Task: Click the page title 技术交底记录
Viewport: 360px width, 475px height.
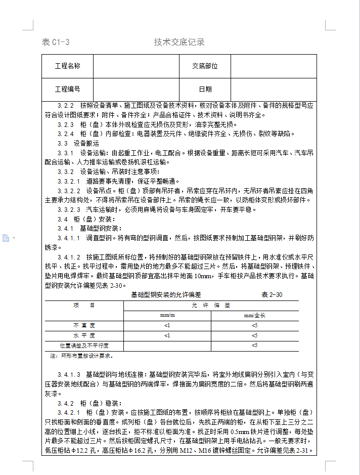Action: pos(179,42)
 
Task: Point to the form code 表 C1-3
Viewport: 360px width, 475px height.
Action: pos(55,42)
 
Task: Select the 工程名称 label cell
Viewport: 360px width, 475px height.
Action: pos(67,66)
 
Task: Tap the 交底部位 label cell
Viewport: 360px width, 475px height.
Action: pos(205,66)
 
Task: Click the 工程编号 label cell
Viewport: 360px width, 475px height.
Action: pos(67,90)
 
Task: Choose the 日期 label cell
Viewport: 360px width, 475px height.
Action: pos(205,90)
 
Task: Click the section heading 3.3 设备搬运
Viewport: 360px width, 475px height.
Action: pos(78,144)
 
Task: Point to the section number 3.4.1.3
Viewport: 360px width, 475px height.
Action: pos(69,374)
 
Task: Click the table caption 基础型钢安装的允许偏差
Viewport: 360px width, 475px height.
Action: pos(166,295)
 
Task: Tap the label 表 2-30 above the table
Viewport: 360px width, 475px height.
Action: pos(272,295)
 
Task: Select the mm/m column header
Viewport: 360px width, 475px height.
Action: pos(167,315)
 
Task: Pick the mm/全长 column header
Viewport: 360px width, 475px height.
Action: pos(254,315)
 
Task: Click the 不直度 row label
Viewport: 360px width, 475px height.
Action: pos(84,325)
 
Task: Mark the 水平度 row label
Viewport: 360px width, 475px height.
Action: pos(84,335)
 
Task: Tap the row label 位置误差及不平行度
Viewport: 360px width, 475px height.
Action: pos(84,346)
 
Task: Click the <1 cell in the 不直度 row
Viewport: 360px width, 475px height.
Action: pos(167,325)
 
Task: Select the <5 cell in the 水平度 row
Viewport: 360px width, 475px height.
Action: pos(254,335)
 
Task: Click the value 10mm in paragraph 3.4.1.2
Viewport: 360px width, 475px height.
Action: pos(204,276)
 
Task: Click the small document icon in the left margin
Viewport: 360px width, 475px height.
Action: pos(6,238)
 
